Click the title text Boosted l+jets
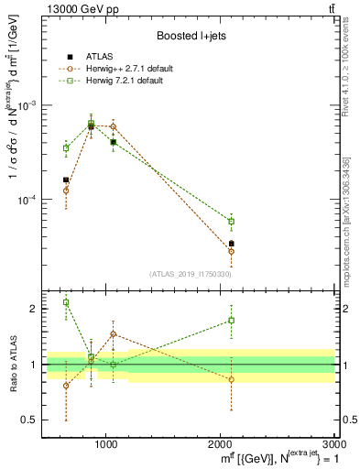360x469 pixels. click(x=191, y=36)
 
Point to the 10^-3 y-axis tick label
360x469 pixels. click(x=27, y=105)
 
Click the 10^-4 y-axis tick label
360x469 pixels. click(x=27, y=200)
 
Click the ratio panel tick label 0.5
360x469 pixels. click(x=29, y=420)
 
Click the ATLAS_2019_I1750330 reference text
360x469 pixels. click(x=191, y=274)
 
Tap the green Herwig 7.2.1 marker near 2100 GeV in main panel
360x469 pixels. click(x=232, y=222)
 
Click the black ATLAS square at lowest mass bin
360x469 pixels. click(x=66, y=180)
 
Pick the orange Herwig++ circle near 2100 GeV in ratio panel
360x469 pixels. click(x=232, y=379)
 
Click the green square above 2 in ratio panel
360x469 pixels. click(x=66, y=302)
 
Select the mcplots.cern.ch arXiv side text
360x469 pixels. click(x=346, y=220)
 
